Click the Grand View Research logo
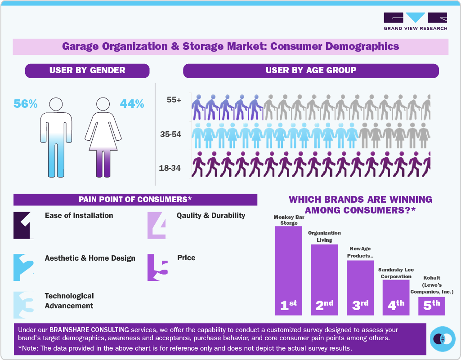[x=415, y=21]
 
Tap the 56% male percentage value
[x=25, y=104]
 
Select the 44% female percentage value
[x=132, y=104]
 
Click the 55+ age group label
[x=174, y=100]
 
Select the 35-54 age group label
[x=170, y=134]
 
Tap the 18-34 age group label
[x=170, y=168]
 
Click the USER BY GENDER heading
[x=87, y=71]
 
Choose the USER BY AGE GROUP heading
[x=311, y=71]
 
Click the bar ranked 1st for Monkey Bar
[x=288, y=270]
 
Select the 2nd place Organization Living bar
[x=324, y=279]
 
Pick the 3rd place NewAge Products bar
[x=360, y=287]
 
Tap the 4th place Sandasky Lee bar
[x=396, y=297]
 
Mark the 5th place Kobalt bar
[x=432, y=306]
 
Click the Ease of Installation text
[x=79, y=215]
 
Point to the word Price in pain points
[x=186, y=258]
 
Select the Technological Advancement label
[x=69, y=301]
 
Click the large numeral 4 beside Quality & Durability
[x=158, y=225]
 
